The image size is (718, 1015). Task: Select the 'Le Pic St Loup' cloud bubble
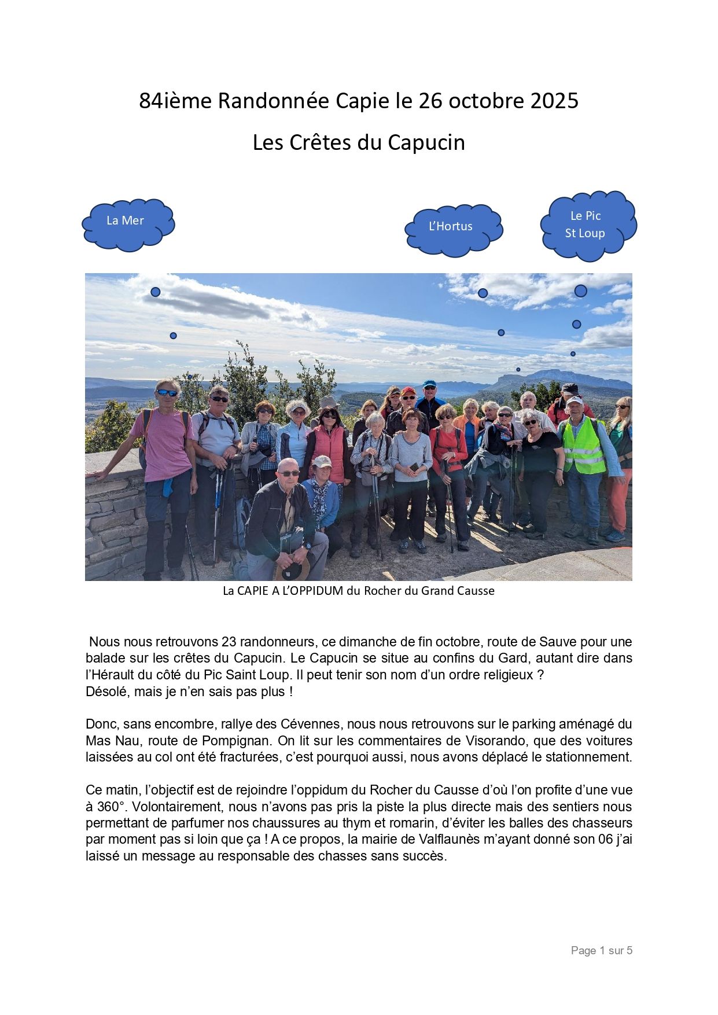pyautogui.click(x=587, y=225)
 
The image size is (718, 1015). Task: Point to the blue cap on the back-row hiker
pyautogui.click(x=429, y=384)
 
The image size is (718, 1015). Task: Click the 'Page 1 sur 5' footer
pyautogui.click(x=601, y=950)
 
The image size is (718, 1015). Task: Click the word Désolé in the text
pyautogui.click(x=105, y=692)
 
